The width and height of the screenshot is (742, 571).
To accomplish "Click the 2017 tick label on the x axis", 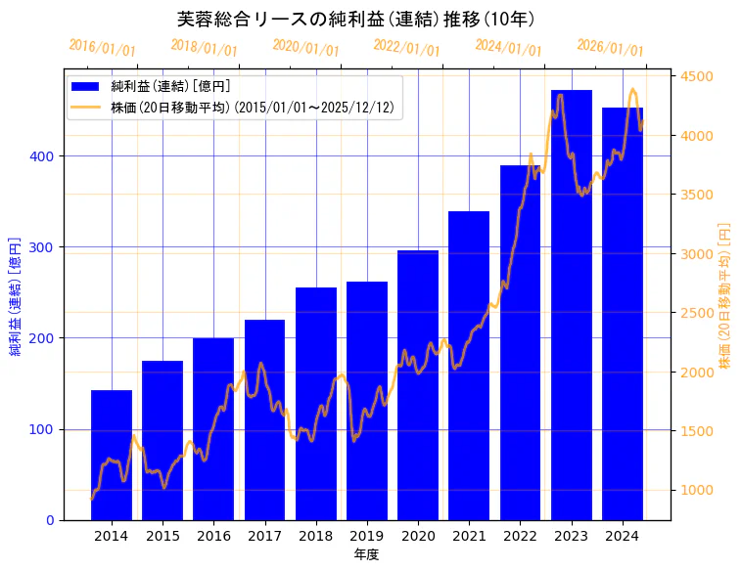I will point(264,536).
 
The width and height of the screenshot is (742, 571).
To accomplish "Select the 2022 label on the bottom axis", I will point(520,536).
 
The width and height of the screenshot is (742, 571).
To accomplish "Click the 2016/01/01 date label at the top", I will point(103,48).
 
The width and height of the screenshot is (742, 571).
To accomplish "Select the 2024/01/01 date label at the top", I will point(508,48).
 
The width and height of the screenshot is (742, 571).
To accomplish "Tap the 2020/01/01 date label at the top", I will point(305,48).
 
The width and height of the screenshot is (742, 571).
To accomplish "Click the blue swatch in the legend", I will point(86,86).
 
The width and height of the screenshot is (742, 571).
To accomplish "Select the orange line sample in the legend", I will point(86,108).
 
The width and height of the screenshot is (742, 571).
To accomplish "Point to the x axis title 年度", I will point(366,554).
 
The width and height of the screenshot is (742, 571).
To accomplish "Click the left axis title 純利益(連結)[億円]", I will point(16,294).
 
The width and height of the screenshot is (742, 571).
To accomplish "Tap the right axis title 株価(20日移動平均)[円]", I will point(725,294).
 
